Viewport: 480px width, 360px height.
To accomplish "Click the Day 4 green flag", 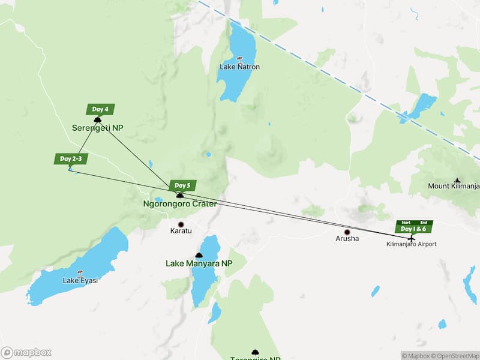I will coord(100,109).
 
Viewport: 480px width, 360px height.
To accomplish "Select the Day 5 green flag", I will coord(183,185).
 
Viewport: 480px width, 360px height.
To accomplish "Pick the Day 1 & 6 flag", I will coord(413,229).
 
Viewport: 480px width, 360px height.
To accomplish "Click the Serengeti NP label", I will coord(97,128).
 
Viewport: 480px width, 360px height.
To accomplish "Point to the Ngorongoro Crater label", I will coord(179,204).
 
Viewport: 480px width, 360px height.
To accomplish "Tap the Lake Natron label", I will coord(239,67).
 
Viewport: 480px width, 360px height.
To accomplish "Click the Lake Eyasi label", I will coord(80,280).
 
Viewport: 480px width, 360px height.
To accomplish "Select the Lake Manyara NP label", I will coord(198,263).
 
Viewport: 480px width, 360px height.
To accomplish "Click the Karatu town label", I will coord(180,231).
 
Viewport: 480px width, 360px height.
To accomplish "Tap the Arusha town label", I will coord(347,239).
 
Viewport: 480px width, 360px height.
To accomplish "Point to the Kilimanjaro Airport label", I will coord(411,244).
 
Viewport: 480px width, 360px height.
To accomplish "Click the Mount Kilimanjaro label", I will coord(454,186).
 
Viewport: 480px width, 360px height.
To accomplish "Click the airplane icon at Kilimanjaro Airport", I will coord(411,238).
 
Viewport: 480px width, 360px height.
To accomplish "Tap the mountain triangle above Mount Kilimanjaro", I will coord(457,179).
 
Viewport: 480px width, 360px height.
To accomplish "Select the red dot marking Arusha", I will coord(347,232).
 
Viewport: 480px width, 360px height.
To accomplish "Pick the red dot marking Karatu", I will coord(180,224).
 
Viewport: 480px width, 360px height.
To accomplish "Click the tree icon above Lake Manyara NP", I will coord(199,255).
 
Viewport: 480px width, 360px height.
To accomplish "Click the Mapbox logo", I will coord(26,353).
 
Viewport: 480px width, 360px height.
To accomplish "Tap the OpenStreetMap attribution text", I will coord(452,355).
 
